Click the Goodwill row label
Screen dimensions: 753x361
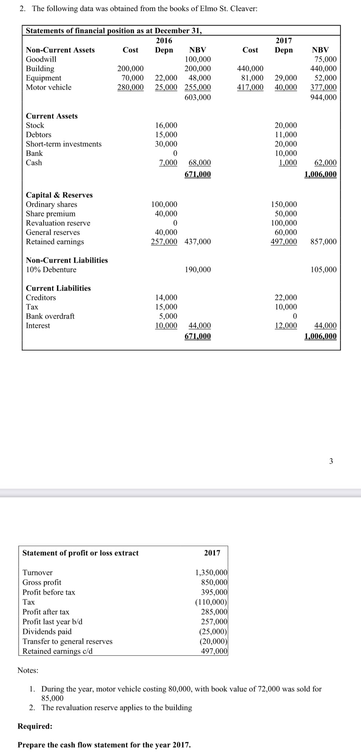tap(41, 59)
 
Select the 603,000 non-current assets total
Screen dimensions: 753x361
tap(198, 97)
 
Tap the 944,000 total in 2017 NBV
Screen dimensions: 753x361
tap(323, 97)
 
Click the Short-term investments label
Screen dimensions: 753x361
tap(64, 144)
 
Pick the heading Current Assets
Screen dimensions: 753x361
tap(52, 116)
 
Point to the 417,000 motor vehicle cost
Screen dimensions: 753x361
tap(250, 87)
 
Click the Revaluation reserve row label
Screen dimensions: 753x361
tap(58, 223)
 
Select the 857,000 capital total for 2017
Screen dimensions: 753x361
tap(323, 242)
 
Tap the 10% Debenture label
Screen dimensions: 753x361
tap(51, 270)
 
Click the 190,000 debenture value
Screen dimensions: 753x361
tap(198, 270)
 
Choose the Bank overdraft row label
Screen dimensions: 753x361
tap(50, 316)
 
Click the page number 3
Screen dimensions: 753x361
tap(331, 461)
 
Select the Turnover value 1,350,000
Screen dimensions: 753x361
tap(211, 573)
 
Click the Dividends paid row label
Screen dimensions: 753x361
tap(47, 632)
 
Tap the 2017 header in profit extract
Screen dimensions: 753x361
tap(212, 553)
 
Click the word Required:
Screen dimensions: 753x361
tap(35, 726)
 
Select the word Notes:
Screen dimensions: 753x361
tap(28, 670)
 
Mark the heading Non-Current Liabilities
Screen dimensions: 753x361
tap(67, 260)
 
